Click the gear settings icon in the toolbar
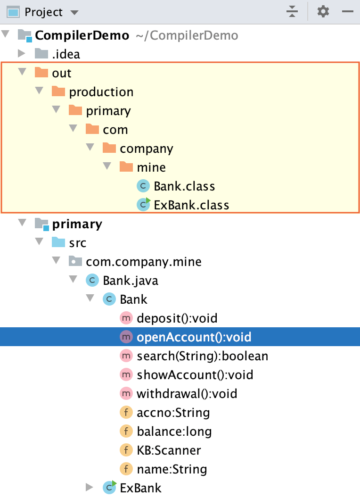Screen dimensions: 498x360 tap(323, 11)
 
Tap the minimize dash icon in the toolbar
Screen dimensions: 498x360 tap(348, 11)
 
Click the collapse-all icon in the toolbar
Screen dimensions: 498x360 tap(292, 11)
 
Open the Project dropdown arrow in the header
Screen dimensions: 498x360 tap(74, 12)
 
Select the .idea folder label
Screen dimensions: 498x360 tap(66, 54)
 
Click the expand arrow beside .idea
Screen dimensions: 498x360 tap(21, 54)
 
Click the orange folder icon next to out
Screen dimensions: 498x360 tap(41, 73)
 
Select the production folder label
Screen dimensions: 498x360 tap(101, 92)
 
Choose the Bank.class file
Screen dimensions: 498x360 tap(184, 186)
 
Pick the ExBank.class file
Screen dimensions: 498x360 tap(191, 205)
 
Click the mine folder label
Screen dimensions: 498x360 tap(151, 167)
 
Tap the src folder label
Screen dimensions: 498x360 tap(78, 243)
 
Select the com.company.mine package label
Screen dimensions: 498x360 tap(143, 262)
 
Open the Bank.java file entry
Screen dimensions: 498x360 tap(130, 281)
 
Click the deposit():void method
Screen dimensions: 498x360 tap(177, 318)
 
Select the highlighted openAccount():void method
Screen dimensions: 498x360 tap(194, 337)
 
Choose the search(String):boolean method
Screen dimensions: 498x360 tap(202, 356)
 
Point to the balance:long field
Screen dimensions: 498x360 tap(174, 432)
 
